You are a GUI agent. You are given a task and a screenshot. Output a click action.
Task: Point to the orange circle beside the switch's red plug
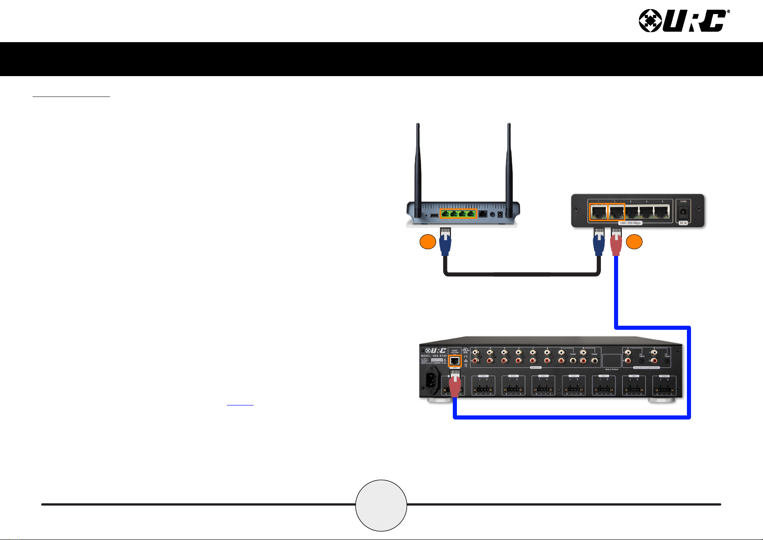[634, 242]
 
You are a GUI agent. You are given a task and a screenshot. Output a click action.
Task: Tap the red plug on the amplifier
[455, 384]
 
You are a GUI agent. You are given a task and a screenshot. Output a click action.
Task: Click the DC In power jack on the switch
[683, 212]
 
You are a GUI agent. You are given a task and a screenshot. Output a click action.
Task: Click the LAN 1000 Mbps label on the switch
[630, 223]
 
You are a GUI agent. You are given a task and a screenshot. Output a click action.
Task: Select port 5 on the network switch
[662, 212]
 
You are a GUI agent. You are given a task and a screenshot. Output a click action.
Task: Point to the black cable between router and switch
[521, 274]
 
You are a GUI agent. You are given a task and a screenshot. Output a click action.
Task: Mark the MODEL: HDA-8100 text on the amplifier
[434, 356]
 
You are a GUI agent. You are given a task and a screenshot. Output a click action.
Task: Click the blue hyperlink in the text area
[240, 403]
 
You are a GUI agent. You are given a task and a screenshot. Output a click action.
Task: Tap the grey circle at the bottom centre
[381, 505]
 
